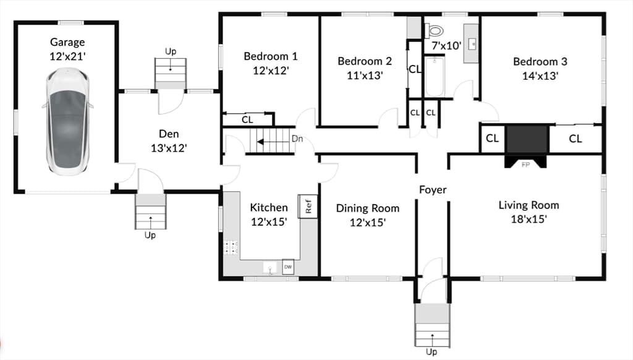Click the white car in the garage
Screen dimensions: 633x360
67,121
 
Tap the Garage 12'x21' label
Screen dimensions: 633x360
67,49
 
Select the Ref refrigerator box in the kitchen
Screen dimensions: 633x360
308,206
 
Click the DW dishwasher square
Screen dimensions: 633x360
288,267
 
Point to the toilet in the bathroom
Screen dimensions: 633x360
434,30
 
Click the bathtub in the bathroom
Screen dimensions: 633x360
435,77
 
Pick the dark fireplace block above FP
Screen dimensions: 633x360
526,140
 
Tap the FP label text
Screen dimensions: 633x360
525,165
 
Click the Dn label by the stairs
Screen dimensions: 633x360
297,139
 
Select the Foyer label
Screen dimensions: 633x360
433,189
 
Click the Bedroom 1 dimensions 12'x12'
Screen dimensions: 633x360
271,71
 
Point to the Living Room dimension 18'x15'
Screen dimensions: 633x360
529,219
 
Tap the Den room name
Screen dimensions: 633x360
169,134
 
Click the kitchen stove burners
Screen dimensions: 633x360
231,247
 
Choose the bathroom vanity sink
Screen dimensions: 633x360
472,44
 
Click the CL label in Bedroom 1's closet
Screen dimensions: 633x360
247,119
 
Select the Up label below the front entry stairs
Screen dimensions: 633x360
431,352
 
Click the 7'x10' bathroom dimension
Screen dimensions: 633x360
446,46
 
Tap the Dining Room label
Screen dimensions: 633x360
368,208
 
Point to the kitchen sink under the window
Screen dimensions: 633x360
270,267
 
